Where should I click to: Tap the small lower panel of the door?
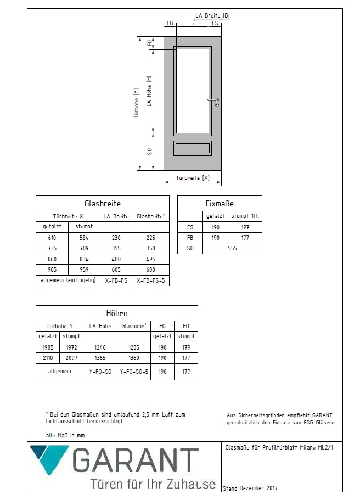point(192,148)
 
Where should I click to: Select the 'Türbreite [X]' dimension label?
point(192,178)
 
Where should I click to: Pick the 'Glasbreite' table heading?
point(102,204)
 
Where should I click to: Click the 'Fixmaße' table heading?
point(220,204)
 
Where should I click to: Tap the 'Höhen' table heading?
point(116,313)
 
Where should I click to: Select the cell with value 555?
point(232,248)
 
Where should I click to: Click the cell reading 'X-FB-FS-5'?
point(150,280)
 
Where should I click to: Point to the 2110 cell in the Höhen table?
point(48,358)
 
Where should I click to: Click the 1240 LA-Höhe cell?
point(100,347)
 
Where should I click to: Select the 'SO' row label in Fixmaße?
point(190,248)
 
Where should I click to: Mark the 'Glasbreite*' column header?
point(150,216)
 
